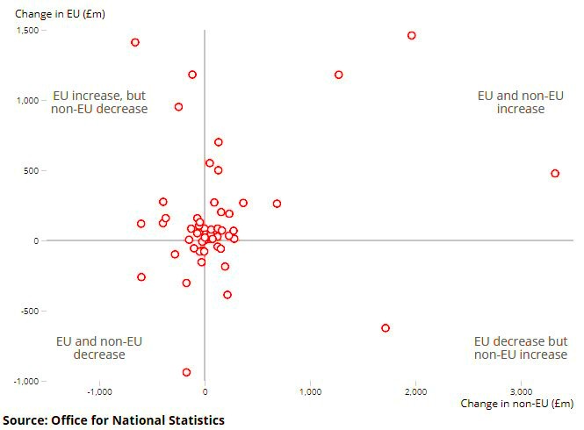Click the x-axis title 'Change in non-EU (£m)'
(516, 404)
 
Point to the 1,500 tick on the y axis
(27, 30)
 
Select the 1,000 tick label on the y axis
(27, 100)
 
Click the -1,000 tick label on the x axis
(99, 391)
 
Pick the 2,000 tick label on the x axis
(415, 391)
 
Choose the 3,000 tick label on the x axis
(521, 391)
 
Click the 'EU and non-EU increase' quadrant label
(520, 102)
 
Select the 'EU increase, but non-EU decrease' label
(99, 102)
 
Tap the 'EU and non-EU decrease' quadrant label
(99, 348)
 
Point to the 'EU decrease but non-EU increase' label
(520, 348)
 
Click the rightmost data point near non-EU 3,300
(555, 174)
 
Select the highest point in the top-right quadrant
(411, 36)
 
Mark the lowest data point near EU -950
(186, 372)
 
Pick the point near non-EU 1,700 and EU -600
(385, 328)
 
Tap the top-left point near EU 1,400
(135, 42)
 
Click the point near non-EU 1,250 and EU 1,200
(338, 75)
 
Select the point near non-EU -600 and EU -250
(141, 277)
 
